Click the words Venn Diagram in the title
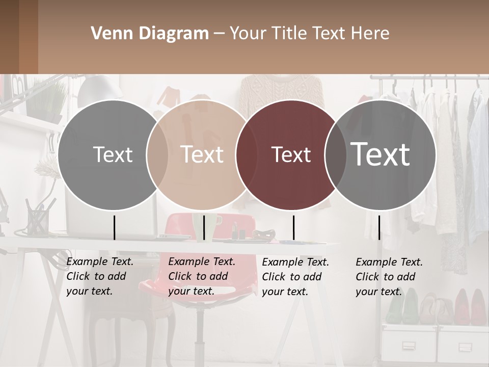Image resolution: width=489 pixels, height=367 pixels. pyautogui.click(x=150, y=34)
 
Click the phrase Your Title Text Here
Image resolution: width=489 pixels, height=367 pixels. pyautogui.click(x=309, y=34)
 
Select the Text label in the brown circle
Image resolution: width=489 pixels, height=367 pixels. pyautogui.click(x=291, y=155)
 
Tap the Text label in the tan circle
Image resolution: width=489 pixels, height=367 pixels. pyautogui.click(x=202, y=154)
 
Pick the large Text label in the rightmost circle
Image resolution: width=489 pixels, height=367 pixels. pyautogui.click(x=380, y=154)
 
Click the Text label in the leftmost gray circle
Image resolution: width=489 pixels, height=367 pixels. pyautogui.click(x=113, y=154)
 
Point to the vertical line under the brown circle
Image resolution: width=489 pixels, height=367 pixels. pyautogui.click(x=294, y=227)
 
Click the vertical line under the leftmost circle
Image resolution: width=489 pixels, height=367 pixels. pyautogui.click(x=115, y=227)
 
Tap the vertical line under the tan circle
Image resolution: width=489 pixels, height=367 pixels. pyautogui.click(x=204, y=227)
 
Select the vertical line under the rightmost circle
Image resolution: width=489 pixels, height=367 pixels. pyautogui.click(x=379, y=227)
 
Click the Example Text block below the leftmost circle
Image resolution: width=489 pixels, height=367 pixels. pyautogui.click(x=100, y=276)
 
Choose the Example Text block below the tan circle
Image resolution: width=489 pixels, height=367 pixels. pyautogui.click(x=202, y=276)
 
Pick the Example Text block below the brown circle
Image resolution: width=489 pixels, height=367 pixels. pyautogui.click(x=295, y=277)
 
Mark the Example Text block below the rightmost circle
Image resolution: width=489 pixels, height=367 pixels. pyautogui.click(x=389, y=277)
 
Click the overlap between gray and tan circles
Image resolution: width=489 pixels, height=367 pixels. pyautogui.click(x=157, y=154)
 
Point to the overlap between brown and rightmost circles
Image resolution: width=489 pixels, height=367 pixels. pyautogui.click(x=334, y=154)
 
